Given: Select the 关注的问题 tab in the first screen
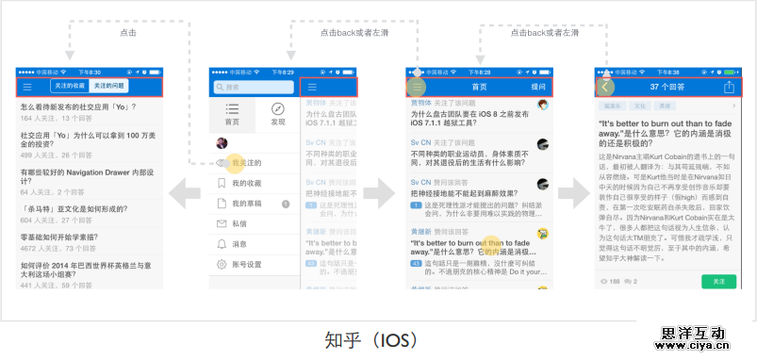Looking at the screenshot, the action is point(108,87).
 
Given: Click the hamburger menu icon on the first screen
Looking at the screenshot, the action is point(27,87).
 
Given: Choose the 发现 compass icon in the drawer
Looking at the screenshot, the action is point(278,113).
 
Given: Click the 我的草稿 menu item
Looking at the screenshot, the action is point(246,204).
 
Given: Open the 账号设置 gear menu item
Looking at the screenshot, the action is point(246,264).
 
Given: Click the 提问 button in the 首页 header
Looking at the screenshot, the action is point(537,87).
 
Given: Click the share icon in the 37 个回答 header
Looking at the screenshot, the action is point(729,87).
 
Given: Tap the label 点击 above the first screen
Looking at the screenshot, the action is point(128,32).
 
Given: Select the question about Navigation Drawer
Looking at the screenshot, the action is point(86,172).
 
